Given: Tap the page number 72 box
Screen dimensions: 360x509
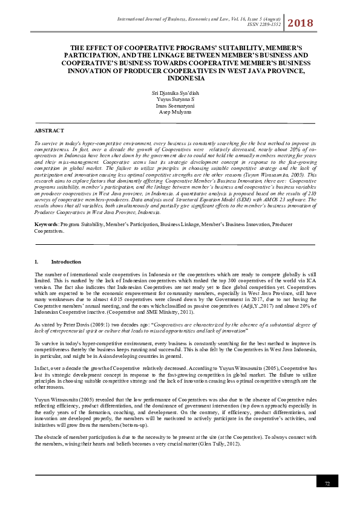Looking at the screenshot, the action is (x=327, y=483).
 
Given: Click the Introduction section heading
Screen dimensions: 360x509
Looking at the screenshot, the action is (x=66, y=262).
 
